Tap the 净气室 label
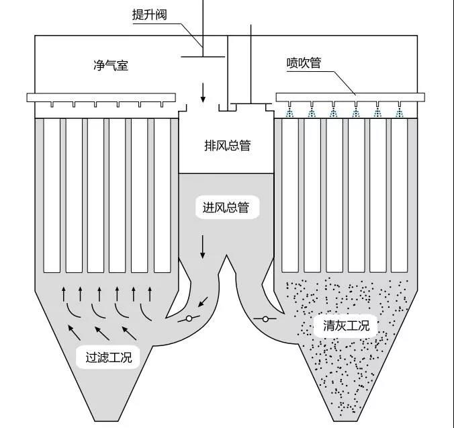(x=111, y=65)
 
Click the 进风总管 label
(x=226, y=208)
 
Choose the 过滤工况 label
(x=109, y=357)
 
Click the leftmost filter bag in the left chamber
(x=52, y=195)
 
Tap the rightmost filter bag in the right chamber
(x=401, y=195)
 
